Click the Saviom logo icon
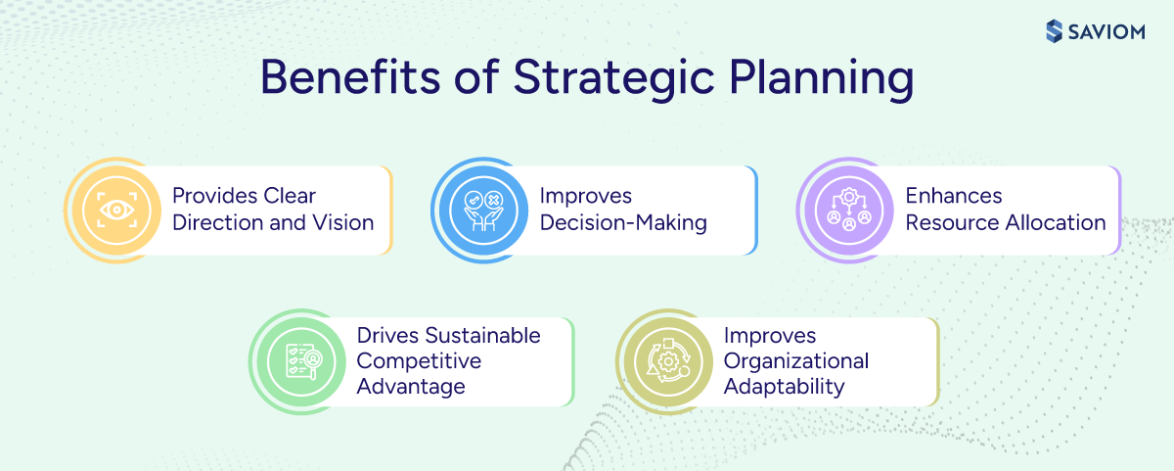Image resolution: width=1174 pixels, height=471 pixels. coord(1054,30)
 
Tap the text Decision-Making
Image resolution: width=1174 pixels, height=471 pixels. coord(623,222)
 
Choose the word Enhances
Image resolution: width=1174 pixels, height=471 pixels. coord(955,197)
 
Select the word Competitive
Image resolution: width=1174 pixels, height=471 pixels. coord(419,360)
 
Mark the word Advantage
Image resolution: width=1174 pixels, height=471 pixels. coord(411,386)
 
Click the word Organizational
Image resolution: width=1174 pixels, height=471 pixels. coord(796,360)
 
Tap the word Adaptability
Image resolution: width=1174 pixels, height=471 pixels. coord(784,386)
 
